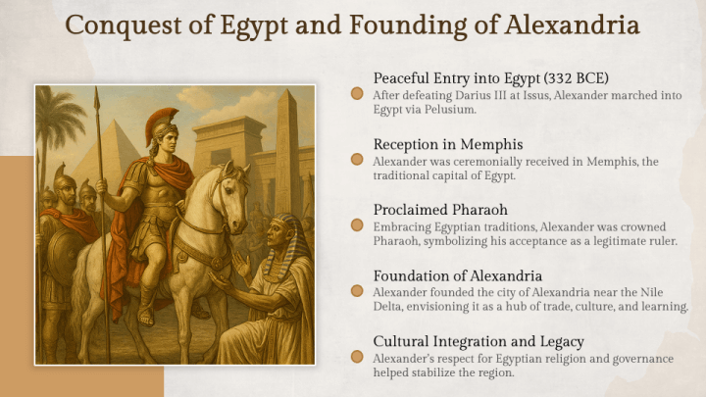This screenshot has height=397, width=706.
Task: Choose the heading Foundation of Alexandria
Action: tap(458, 276)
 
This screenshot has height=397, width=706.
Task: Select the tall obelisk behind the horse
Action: tap(288, 147)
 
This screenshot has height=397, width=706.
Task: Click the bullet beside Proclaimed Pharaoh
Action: tap(358, 226)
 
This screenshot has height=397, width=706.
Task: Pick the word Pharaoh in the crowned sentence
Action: tap(395, 241)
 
